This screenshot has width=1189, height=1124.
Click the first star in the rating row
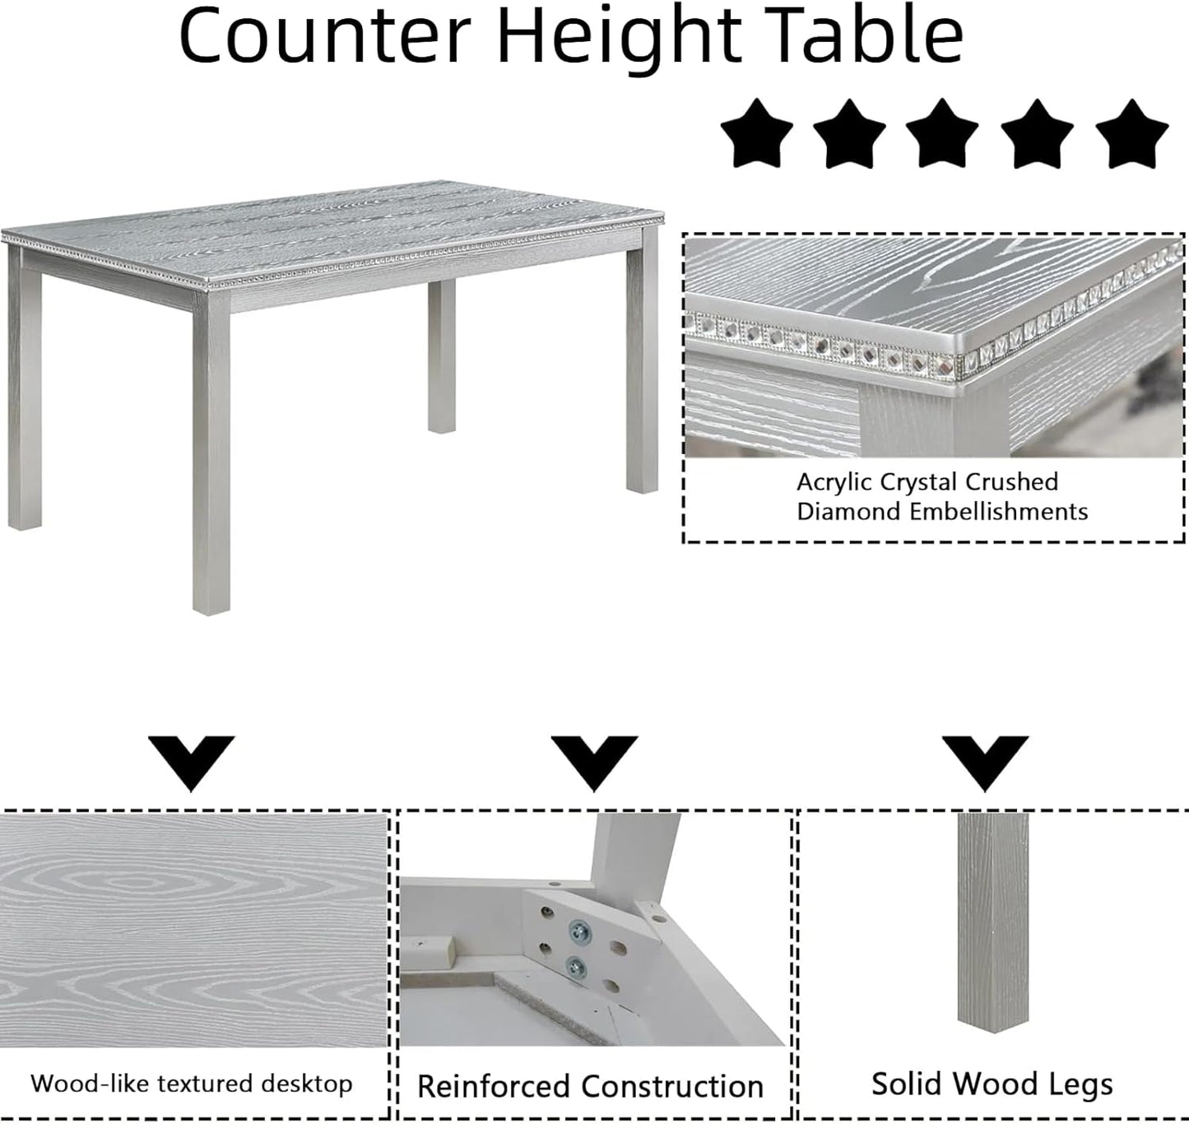[x=756, y=134]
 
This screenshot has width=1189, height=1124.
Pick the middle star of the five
[x=942, y=134]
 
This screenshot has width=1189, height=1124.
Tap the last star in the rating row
[x=1132, y=134]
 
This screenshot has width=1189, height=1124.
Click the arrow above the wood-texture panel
[x=192, y=761]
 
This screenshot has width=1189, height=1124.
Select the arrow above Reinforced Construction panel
[x=594, y=761]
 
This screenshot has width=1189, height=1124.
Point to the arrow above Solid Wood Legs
[x=985, y=761]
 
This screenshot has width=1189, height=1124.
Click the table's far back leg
[x=442, y=354]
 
